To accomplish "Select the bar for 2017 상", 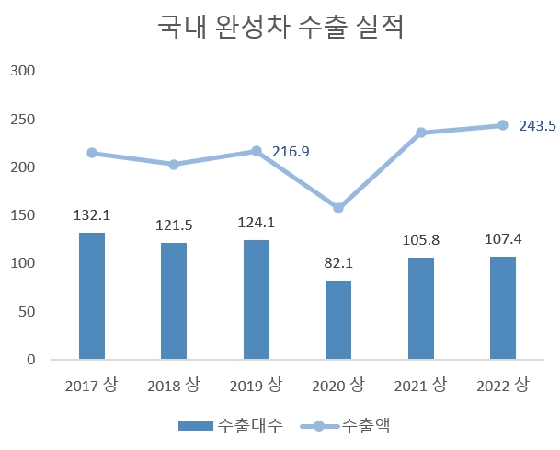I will click(92, 295).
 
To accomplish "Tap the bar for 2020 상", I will click(338, 319).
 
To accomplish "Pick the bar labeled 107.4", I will click(503, 307).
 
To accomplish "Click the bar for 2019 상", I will click(257, 299).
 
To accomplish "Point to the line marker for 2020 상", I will click(338, 208).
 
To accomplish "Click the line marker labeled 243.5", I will click(503, 125).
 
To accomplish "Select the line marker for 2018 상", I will click(174, 165).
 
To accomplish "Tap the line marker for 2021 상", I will click(421, 133).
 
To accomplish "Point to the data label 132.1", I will click(92, 215).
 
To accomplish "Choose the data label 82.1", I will click(338, 263).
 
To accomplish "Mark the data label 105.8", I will click(421, 240).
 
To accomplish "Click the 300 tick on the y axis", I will click(22, 71).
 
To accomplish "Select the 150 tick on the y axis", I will click(22, 215).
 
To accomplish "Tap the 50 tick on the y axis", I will click(26, 312).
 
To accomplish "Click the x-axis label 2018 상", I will click(174, 385).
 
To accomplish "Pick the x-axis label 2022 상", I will click(503, 385).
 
